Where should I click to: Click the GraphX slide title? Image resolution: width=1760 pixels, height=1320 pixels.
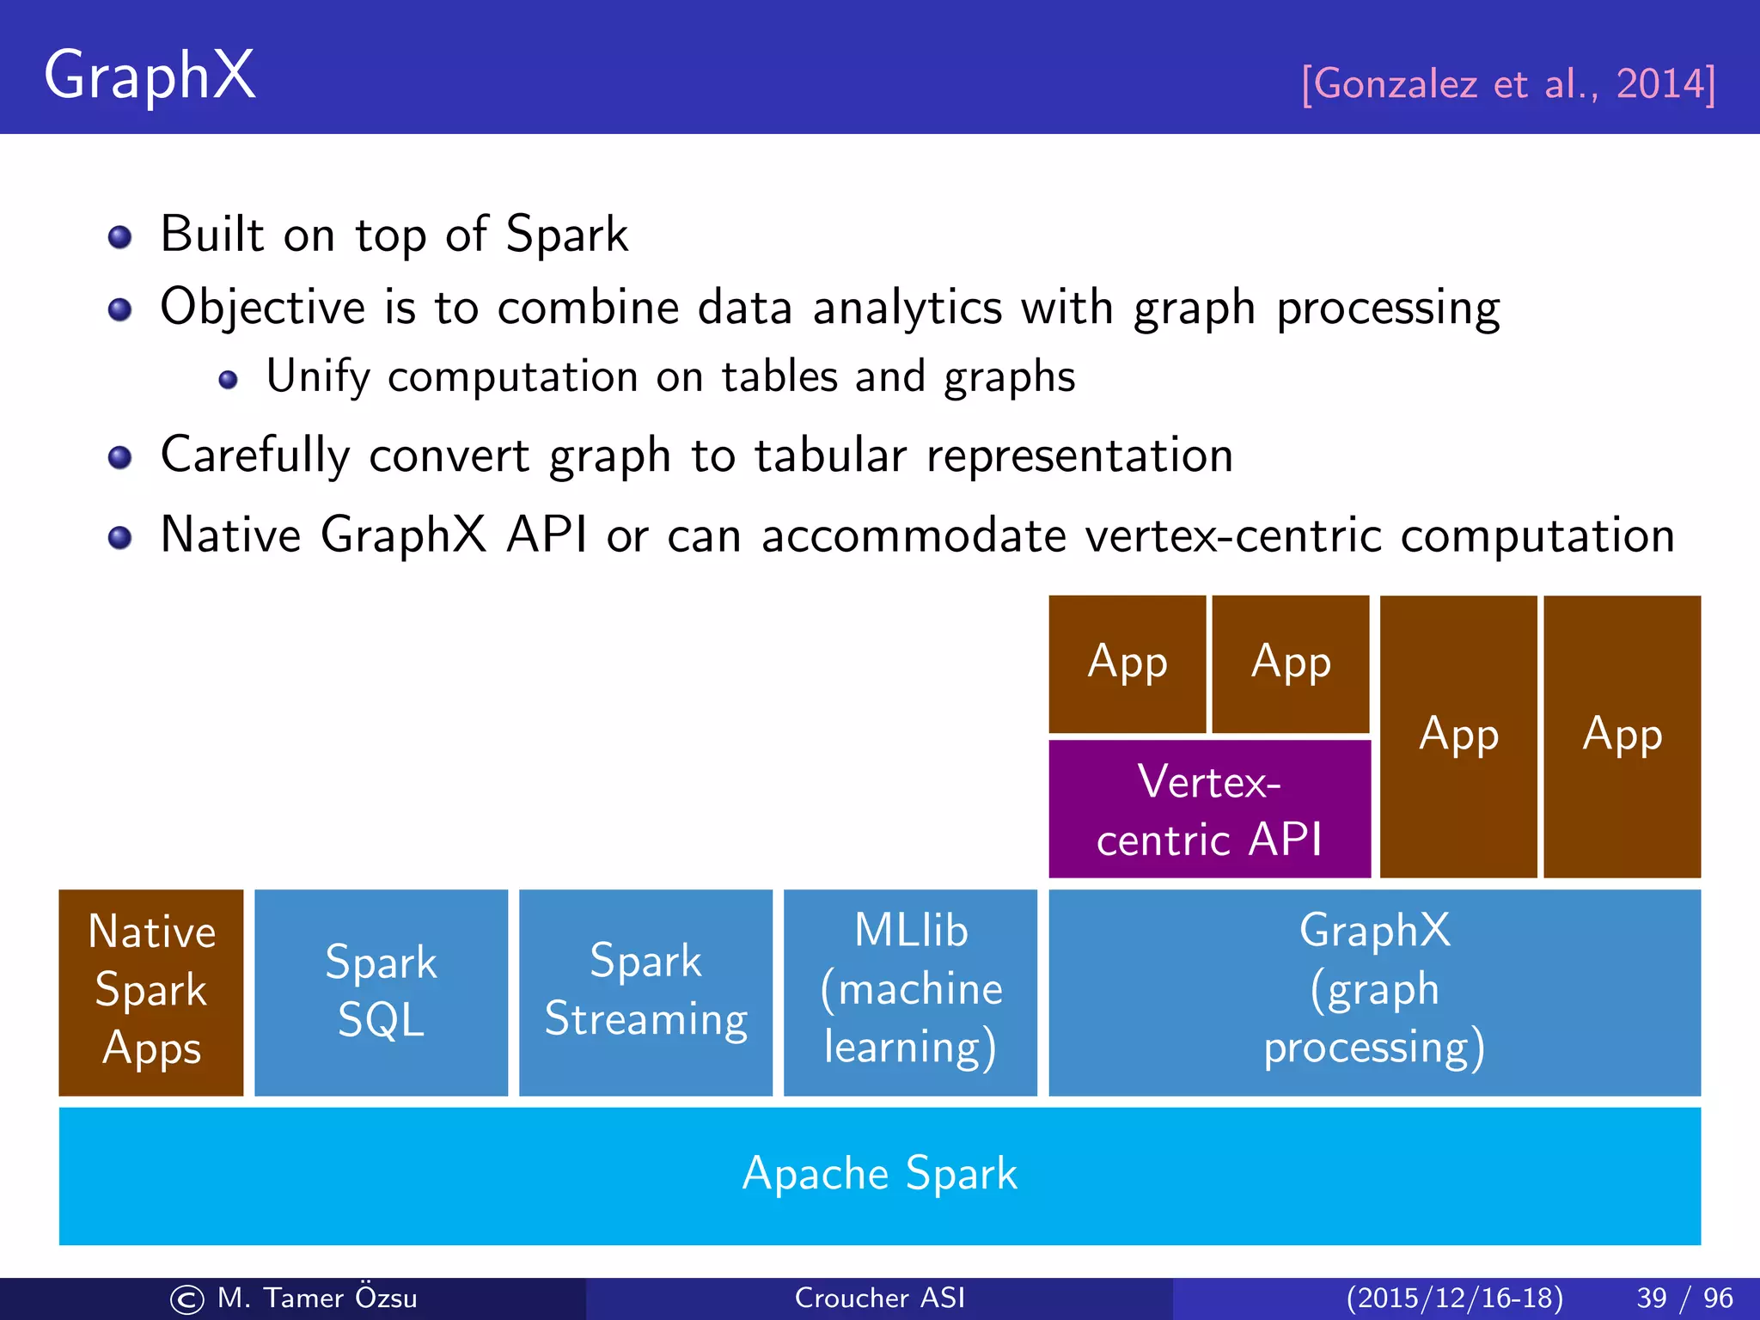point(150,76)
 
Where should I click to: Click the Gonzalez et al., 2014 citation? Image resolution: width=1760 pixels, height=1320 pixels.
point(1508,84)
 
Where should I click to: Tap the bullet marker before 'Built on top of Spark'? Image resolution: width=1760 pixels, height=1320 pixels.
point(120,236)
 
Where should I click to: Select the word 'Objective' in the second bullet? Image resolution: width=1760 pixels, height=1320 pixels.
point(263,308)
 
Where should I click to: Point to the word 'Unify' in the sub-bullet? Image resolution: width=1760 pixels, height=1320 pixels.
point(318,377)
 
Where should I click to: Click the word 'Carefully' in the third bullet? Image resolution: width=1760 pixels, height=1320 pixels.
point(254,455)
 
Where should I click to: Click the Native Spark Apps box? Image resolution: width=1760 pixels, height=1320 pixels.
point(151,992)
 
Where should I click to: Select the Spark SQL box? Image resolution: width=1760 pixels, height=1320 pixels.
point(381,992)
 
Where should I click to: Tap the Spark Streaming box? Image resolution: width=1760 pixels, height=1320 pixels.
point(645,992)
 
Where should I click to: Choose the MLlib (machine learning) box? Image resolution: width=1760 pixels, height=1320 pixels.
point(910,992)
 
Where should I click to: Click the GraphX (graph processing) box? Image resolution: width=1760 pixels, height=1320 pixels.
point(1374,992)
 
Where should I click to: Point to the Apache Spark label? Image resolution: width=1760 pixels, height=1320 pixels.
point(879,1175)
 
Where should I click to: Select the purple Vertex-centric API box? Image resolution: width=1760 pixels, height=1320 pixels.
point(1209,809)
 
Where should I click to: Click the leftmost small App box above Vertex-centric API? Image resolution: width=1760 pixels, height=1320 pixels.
point(1127,663)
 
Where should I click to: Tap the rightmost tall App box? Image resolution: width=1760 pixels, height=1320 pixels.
point(1622,736)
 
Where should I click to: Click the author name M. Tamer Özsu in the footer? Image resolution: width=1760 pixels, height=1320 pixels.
point(316,1298)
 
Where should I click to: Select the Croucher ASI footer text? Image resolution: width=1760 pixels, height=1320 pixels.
point(879,1298)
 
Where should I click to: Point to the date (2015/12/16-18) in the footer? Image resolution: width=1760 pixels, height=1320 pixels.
point(1454,1298)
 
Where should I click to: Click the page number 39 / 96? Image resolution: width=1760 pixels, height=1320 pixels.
point(1684,1298)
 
